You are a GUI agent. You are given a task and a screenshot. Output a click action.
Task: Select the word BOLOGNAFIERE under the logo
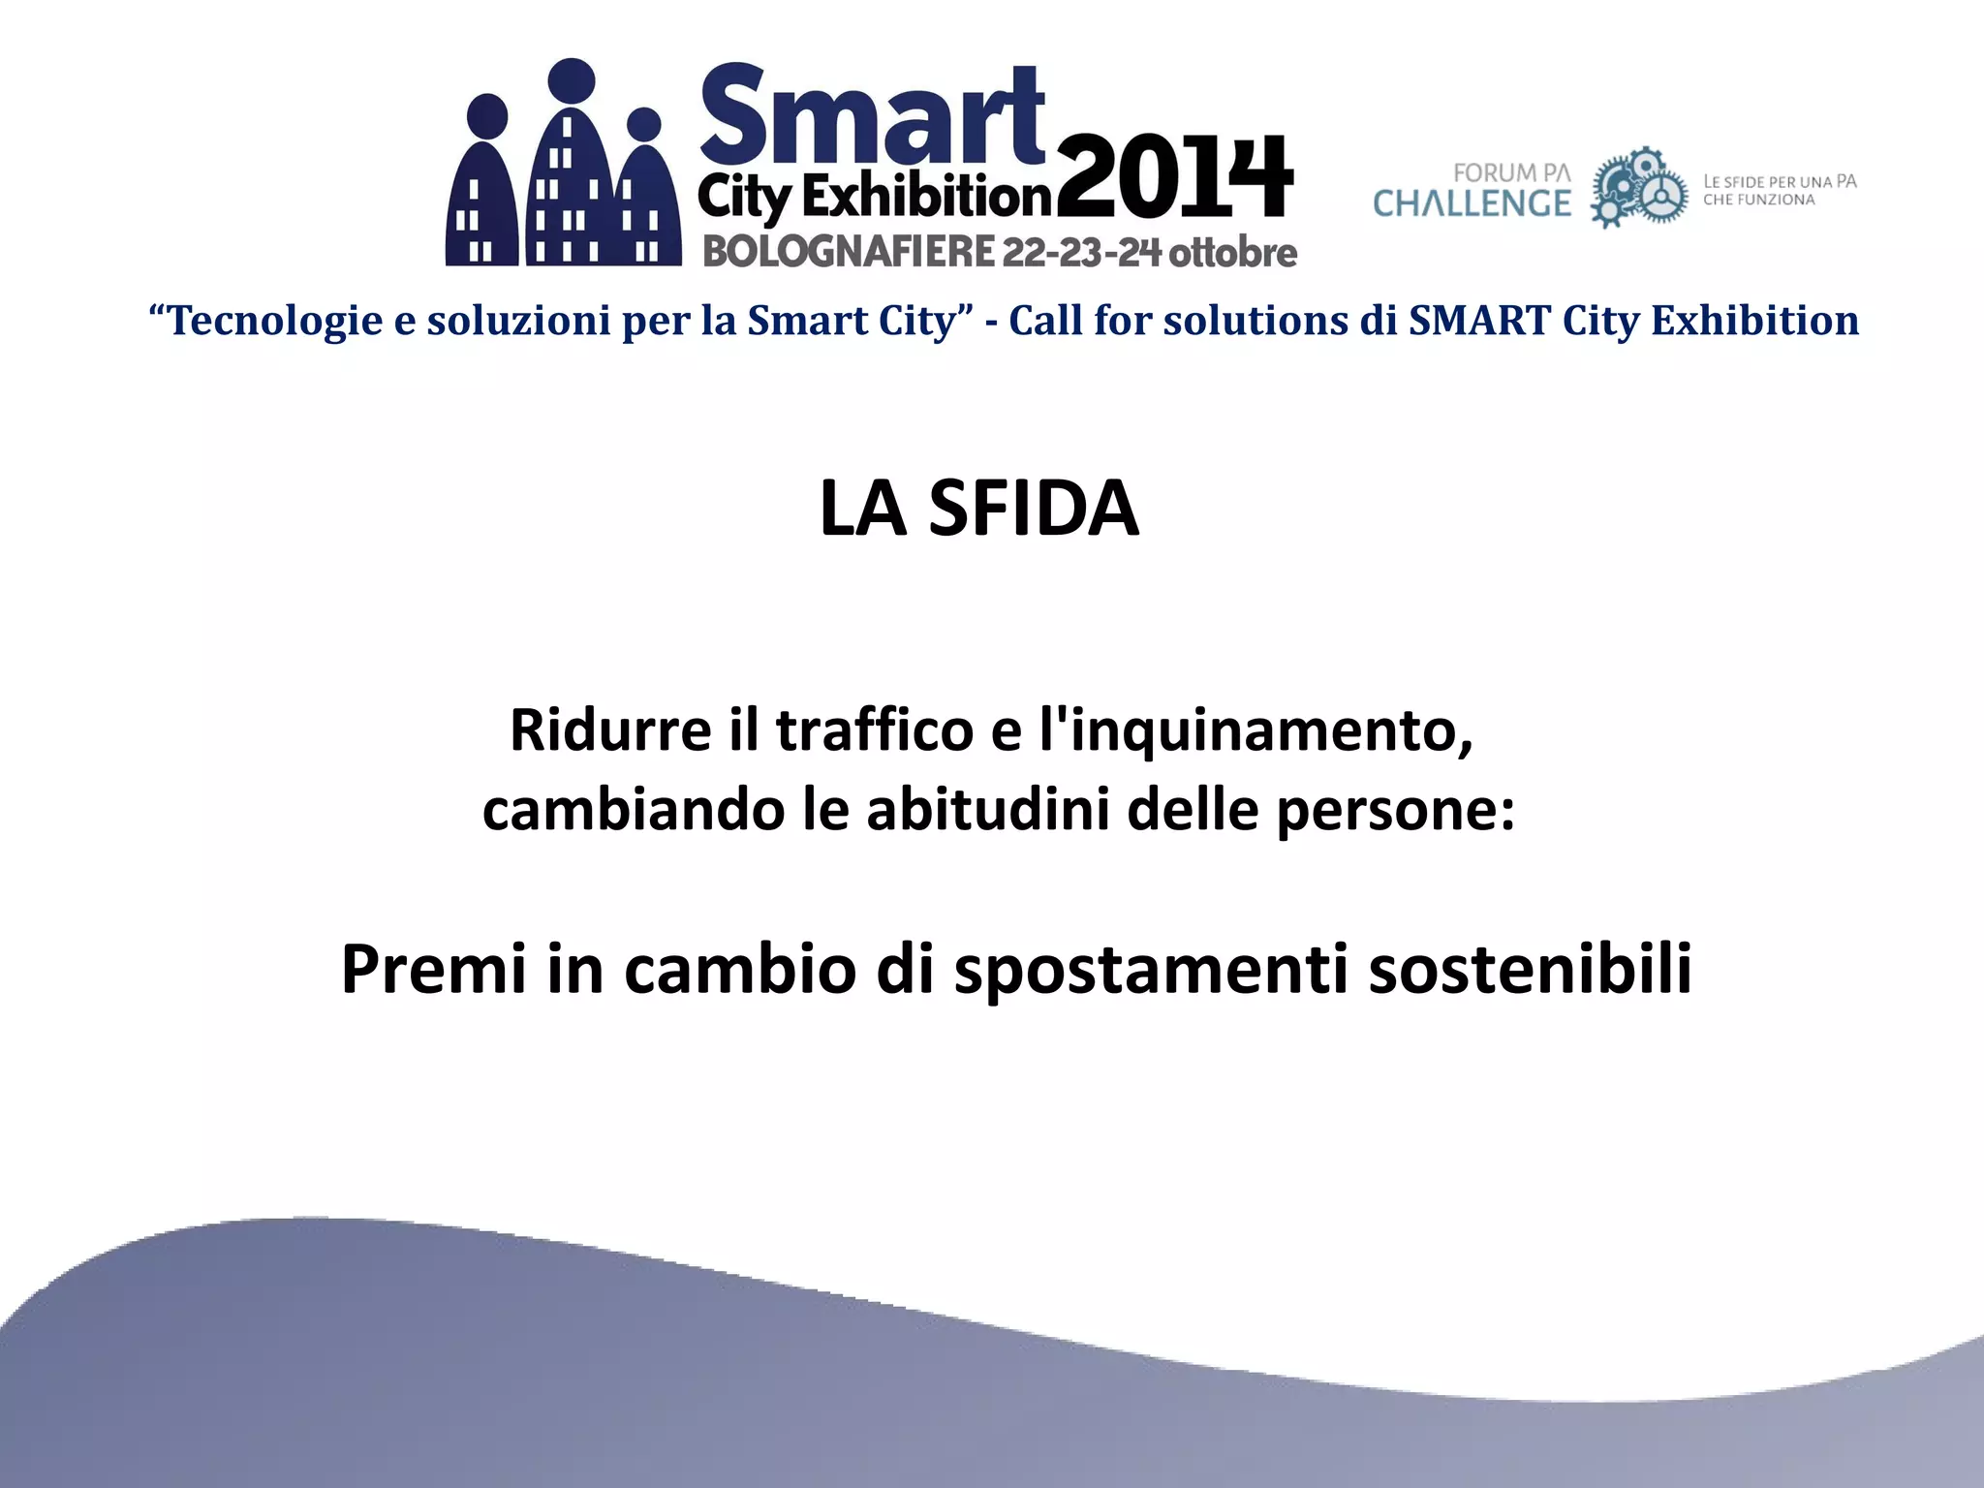[849, 252]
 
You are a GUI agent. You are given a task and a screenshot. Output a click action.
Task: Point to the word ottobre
[1232, 252]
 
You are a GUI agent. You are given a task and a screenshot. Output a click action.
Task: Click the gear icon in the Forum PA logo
[1638, 188]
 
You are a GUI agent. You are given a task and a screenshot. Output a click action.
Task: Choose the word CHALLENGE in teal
[1472, 203]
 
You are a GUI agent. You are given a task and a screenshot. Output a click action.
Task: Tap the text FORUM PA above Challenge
[1511, 172]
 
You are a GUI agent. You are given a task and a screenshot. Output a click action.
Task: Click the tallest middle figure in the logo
[573, 165]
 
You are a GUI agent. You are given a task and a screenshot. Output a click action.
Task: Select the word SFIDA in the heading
[1033, 508]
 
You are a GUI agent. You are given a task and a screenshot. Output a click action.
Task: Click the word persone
[1395, 810]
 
